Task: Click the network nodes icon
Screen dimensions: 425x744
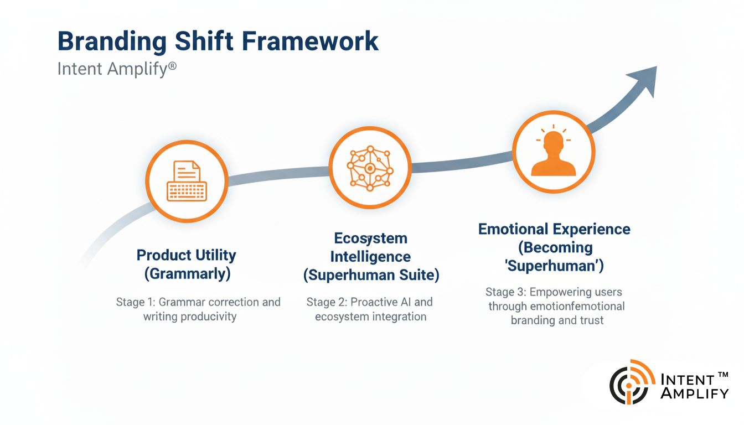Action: click(370, 167)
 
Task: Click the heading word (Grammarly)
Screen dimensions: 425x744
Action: click(187, 273)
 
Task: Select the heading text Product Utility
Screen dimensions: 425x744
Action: click(187, 255)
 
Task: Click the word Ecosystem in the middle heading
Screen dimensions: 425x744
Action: click(370, 239)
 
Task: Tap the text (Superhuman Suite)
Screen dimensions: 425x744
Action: click(370, 275)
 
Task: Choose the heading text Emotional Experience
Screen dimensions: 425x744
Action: click(554, 229)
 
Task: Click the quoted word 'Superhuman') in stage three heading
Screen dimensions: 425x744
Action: click(554, 266)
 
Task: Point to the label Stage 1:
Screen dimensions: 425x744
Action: click(135, 302)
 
